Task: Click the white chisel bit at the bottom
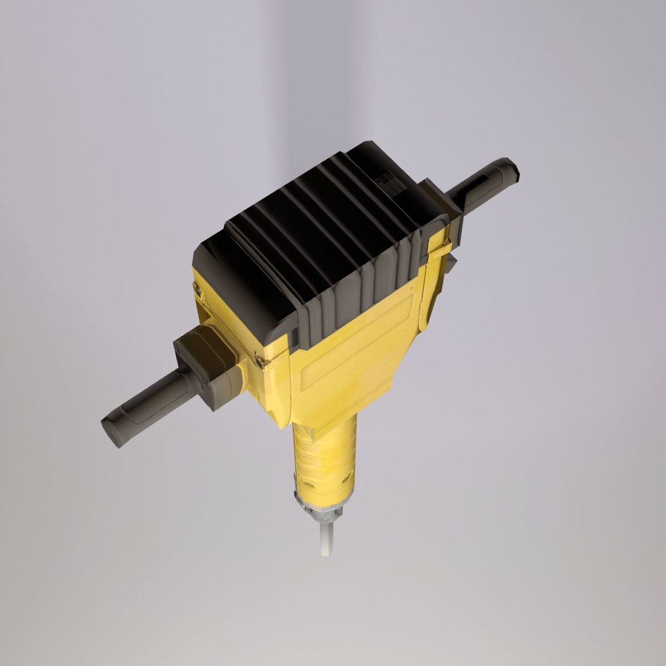pyautogui.click(x=327, y=538)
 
